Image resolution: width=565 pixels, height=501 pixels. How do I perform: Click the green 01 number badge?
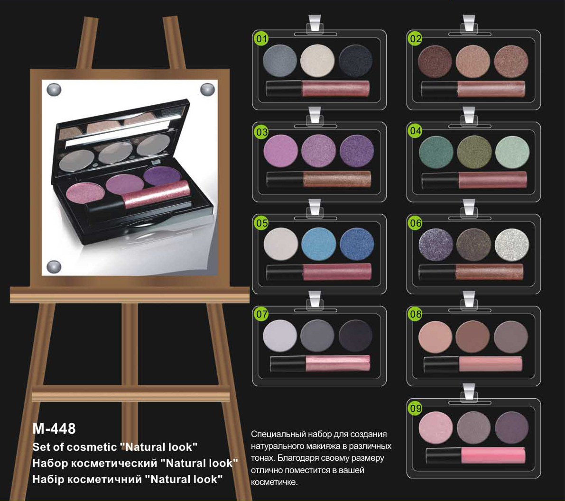click(261, 38)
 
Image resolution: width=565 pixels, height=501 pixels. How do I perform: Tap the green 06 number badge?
click(416, 223)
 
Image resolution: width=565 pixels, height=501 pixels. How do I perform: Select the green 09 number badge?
click(416, 408)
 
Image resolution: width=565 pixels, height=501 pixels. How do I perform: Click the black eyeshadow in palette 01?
click(356, 61)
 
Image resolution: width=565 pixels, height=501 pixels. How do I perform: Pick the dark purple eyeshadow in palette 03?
click(357, 151)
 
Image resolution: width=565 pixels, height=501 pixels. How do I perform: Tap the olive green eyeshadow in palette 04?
click(474, 152)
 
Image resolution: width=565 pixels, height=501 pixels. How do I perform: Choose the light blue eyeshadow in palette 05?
click(318, 244)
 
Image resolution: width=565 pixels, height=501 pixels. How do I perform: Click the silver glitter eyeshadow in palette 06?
click(512, 245)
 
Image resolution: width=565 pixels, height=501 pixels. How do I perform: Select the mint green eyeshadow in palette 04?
click(512, 152)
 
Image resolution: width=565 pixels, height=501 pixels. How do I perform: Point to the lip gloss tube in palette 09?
click(476, 455)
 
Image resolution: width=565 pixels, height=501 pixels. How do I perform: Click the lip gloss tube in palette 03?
click(318, 179)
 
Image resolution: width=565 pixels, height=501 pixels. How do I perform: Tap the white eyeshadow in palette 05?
click(281, 244)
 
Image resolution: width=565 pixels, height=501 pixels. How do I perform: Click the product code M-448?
click(54, 428)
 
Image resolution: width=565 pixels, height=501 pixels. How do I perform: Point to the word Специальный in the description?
click(277, 435)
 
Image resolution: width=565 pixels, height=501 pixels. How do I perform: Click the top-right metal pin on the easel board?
click(208, 89)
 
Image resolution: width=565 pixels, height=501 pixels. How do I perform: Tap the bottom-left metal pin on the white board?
click(54, 267)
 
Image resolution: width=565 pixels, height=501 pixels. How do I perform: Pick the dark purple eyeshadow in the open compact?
click(162, 175)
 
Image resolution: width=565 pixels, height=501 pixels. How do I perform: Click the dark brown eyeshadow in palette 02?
click(435, 61)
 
